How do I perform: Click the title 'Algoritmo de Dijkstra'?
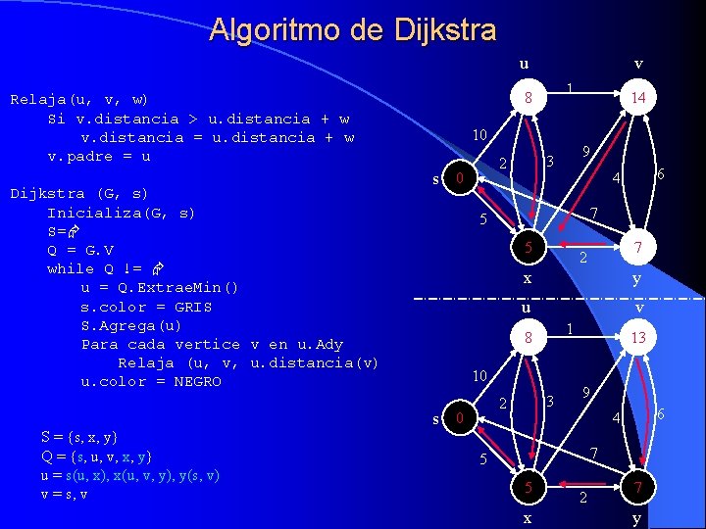[x=353, y=30]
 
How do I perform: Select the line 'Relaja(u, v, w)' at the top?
[x=78, y=99]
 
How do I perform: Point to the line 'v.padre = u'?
[x=99, y=156]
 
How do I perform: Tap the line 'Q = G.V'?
[x=80, y=250]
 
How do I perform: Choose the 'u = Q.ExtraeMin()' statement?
[x=159, y=288]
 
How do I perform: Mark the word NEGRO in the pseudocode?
[x=197, y=382]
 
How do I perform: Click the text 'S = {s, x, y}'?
[x=79, y=437]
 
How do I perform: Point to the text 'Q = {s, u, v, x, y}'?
[x=96, y=457]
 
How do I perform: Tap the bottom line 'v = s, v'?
[x=65, y=494]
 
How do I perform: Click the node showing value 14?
[x=638, y=98]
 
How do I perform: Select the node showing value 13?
[x=638, y=337]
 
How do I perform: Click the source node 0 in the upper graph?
[x=457, y=179]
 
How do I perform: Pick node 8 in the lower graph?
[x=528, y=337]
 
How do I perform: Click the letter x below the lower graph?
[x=528, y=517]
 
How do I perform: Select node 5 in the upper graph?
[x=528, y=248]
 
